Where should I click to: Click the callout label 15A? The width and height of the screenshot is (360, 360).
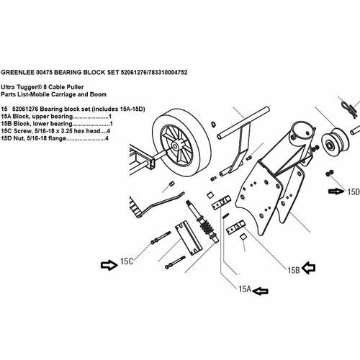click(x=245, y=289)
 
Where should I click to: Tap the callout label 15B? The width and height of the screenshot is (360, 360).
click(x=294, y=270)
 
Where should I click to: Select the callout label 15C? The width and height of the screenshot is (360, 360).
click(x=127, y=261)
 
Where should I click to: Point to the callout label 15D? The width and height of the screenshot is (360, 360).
click(x=354, y=192)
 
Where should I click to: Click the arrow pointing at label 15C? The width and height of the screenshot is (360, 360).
click(x=109, y=265)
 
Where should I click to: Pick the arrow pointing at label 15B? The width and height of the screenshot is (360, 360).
click(x=309, y=268)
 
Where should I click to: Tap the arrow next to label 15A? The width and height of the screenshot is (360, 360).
click(x=261, y=291)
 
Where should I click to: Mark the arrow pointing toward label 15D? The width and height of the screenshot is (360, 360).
click(x=336, y=192)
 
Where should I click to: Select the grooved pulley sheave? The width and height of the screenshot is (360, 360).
click(x=336, y=142)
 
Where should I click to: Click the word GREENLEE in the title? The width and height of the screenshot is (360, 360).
click(x=18, y=72)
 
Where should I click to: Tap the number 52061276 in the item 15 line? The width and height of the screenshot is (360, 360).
click(x=25, y=109)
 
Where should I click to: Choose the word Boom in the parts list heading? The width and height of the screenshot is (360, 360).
click(x=98, y=94)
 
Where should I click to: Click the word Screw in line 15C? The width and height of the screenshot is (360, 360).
click(x=22, y=131)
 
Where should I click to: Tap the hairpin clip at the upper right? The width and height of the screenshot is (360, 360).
click(x=348, y=108)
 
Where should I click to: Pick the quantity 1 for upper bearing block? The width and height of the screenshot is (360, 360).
click(x=110, y=117)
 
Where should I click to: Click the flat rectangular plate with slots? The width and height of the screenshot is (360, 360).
click(x=189, y=238)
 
